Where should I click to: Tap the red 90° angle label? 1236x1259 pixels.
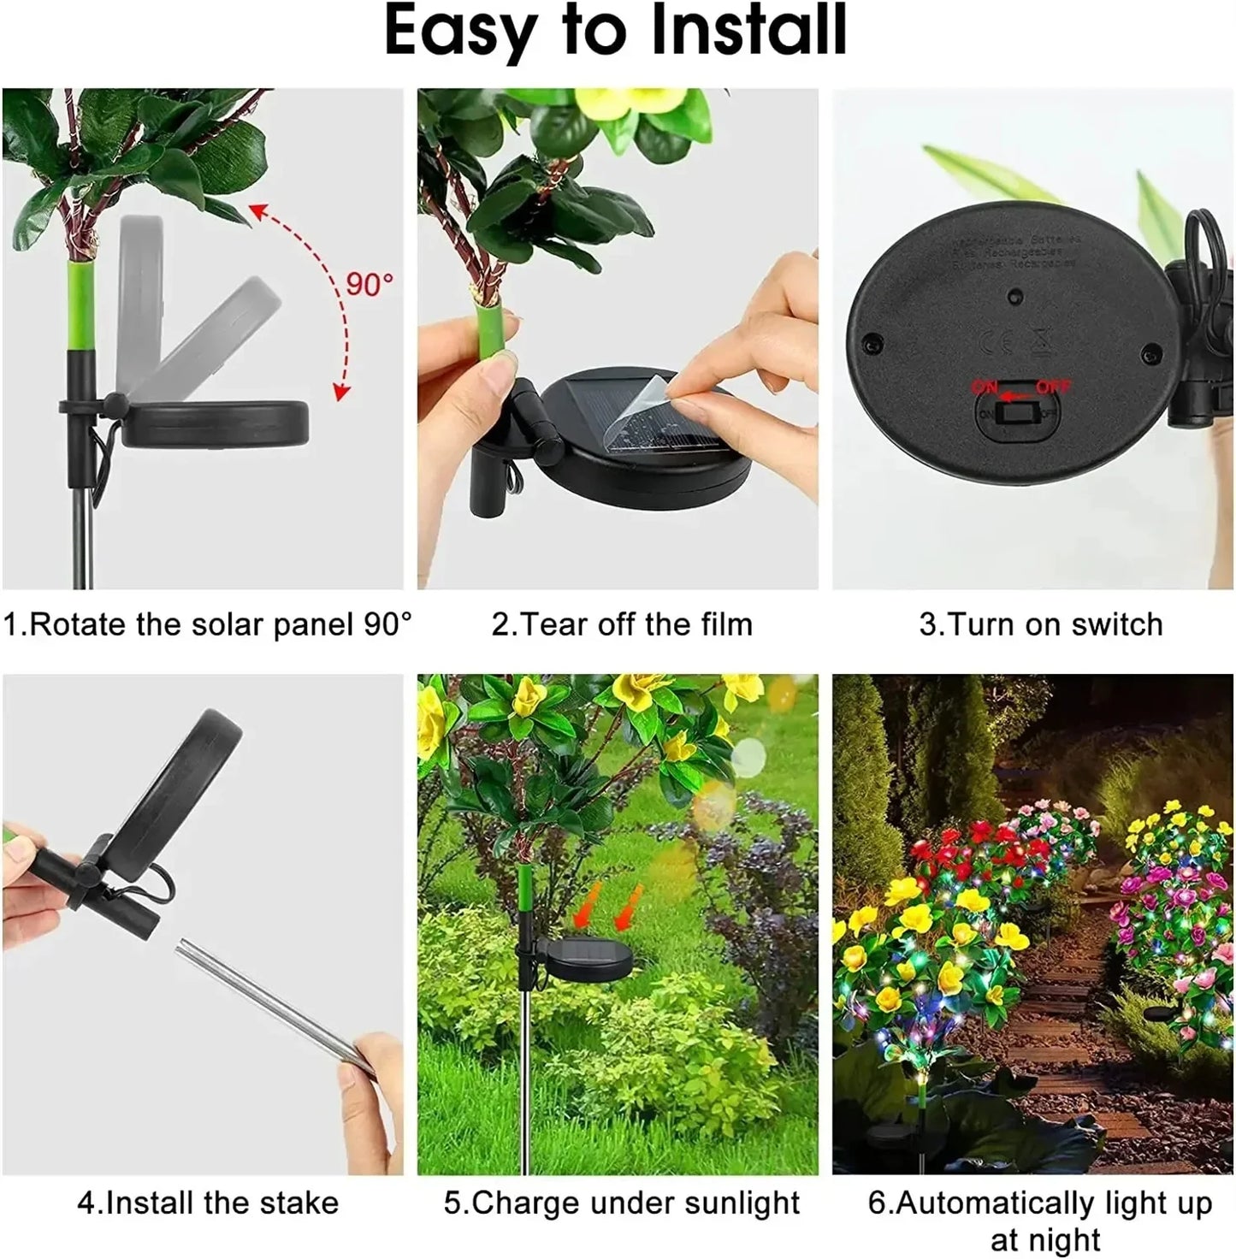point(370,284)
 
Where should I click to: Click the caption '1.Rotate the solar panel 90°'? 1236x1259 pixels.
point(207,624)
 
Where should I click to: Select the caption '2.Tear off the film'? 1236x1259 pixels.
point(622,624)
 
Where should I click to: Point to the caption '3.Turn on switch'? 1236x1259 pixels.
point(1041,624)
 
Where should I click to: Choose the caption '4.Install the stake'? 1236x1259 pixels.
point(208,1203)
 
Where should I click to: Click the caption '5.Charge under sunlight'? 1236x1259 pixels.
point(622,1203)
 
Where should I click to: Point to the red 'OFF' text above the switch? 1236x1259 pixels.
point(1053,387)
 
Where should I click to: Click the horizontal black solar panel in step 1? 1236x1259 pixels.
point(214,423)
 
